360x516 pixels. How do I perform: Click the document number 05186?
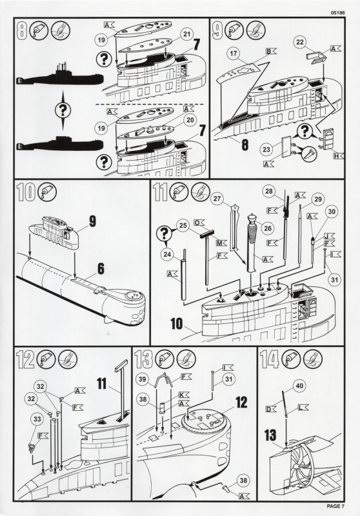[338, 13]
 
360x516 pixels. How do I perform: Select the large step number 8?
[22, 30]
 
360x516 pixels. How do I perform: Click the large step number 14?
[269, 359]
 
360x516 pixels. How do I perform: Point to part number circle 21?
[186, 34]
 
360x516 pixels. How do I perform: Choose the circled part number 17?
[234, 54]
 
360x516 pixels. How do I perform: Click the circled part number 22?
[300, 42]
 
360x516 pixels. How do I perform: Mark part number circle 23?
[266, 150]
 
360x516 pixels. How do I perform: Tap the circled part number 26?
[267, 228]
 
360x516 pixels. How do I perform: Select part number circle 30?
[332, 212]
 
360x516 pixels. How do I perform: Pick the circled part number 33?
[37, 419]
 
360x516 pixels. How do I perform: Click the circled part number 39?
[142, 379]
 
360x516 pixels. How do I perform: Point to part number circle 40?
[299, 386]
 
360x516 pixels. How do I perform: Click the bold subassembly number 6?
[101, 268]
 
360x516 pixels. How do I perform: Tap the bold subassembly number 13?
[270, 435]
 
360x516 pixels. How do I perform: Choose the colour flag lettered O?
[199, 223]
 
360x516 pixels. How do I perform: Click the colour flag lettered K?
[184, 394]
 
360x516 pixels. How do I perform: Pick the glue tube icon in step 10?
[47, 192]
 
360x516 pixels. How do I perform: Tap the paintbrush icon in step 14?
[313, 359]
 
